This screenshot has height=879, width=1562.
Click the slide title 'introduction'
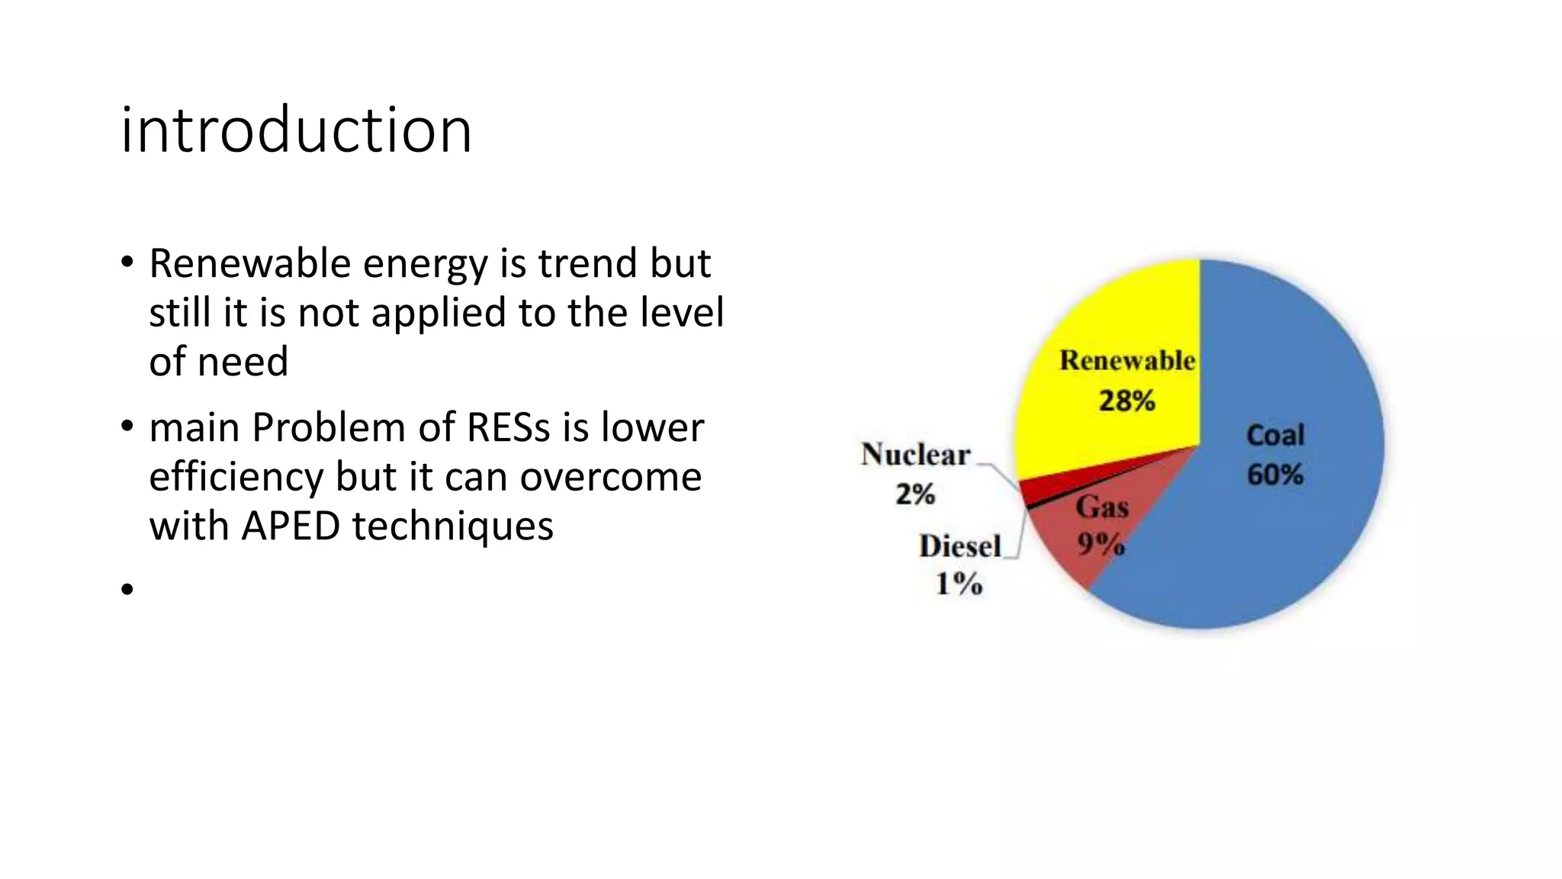(296, 130)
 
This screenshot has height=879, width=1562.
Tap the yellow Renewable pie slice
(1106, 320)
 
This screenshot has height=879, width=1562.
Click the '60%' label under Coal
(1274, 475)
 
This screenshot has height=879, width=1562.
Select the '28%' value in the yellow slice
(1127, 401)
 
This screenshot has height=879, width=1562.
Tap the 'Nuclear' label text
(915, 455)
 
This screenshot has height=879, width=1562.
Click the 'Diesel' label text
(959, 546)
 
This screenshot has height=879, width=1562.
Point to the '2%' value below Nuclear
(915, 494)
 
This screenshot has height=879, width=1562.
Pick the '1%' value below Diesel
(959, 584)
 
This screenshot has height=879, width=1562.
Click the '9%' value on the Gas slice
(1101, 544)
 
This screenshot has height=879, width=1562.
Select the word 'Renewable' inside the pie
(1127, 361)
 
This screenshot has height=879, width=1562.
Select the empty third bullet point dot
(127, 588)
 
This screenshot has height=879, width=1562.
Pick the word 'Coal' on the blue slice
(1274, 435)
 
